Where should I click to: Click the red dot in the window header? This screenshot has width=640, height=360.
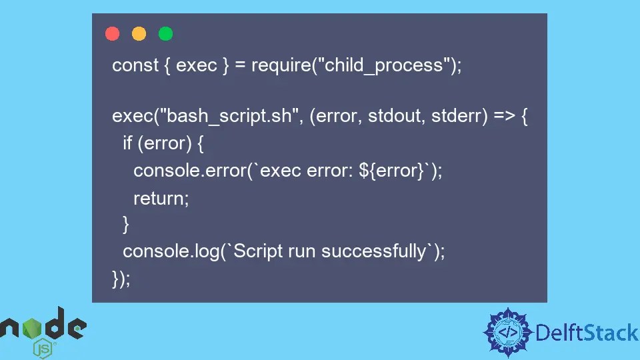click(112, 33)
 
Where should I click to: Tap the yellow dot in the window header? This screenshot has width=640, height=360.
click(139, 33)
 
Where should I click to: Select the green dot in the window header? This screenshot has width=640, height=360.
click(165, 33)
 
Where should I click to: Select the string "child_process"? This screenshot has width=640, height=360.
click(383, 65)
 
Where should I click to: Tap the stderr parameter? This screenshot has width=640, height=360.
click(457, 116)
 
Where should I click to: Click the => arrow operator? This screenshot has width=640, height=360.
click(503, 116)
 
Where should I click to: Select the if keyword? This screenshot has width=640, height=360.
click(127, 143)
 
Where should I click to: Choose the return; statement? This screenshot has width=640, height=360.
click(161, 198)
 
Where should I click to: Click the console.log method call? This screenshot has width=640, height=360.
click(171, 251)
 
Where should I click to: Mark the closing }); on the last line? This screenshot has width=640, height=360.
click(121, 278)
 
